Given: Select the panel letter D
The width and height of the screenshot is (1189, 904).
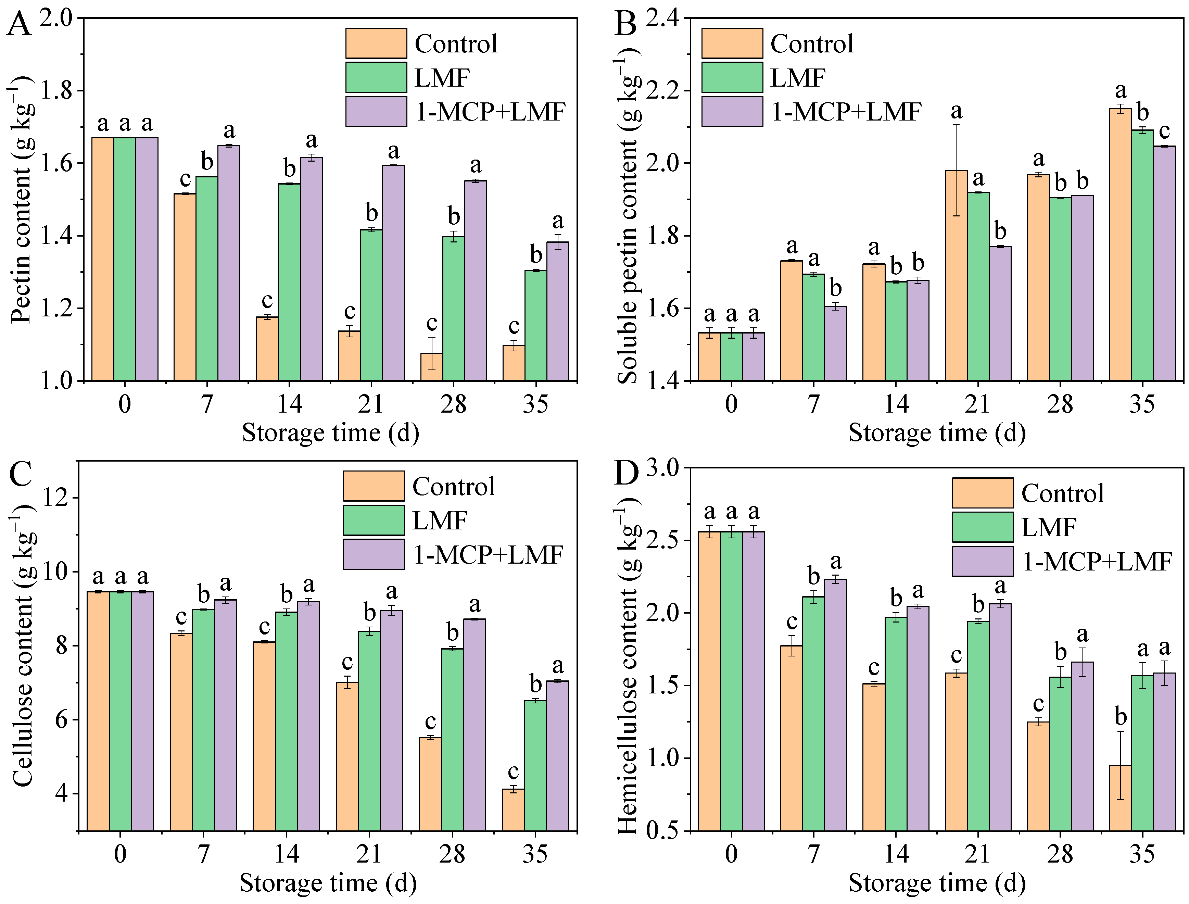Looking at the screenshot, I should (626, 473).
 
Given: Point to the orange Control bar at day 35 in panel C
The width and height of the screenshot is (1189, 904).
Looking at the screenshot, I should (513, 810).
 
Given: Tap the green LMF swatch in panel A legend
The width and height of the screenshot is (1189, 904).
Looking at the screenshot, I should (376, 77).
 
